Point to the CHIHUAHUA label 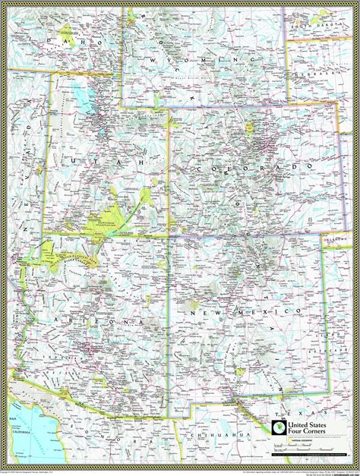(216, 435)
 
